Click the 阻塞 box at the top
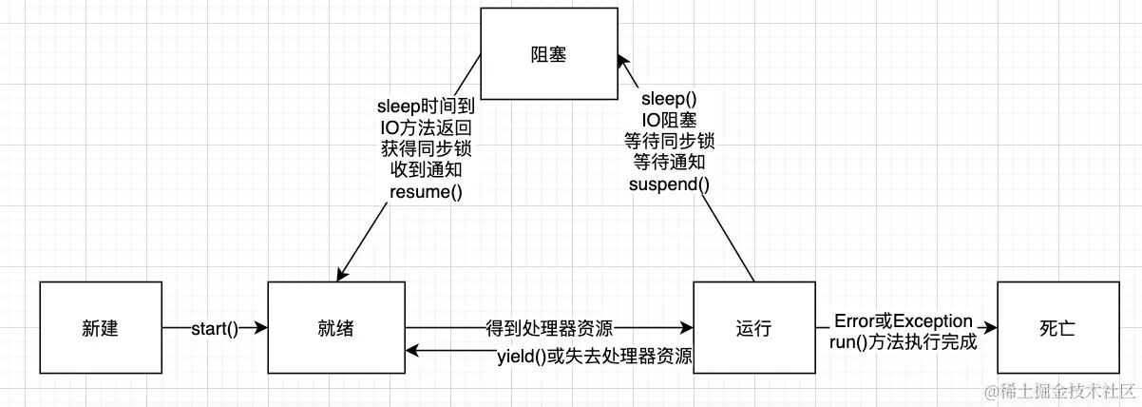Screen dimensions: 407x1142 548,55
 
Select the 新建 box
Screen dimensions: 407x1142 100,329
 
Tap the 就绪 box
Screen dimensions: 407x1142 337,329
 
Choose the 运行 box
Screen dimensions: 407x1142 753,329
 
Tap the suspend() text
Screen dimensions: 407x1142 669,184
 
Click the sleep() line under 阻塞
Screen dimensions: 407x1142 669,98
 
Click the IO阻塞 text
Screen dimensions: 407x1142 669,120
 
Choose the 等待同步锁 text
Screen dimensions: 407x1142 669,141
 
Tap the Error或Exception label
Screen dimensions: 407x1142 903,320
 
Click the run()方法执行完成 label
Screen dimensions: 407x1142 903,342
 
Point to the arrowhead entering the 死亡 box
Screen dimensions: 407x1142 990,329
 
